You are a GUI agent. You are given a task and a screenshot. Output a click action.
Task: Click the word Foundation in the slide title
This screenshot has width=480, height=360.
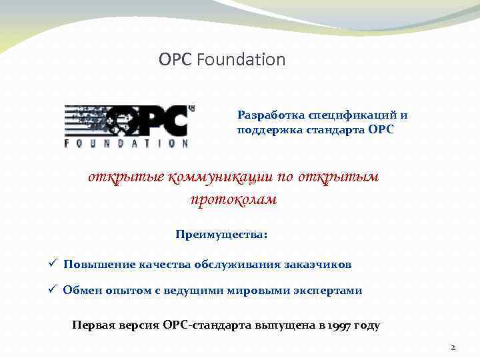coord(241,60)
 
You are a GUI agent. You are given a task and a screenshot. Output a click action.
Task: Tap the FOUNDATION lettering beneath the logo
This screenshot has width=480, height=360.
coord(126,142)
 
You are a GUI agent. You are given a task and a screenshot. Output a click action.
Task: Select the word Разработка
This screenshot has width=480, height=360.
coord(267,115)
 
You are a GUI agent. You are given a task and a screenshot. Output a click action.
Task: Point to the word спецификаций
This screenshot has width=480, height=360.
coord(347,115)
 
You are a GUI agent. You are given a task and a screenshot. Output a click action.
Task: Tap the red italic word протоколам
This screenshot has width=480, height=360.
coord(233,199)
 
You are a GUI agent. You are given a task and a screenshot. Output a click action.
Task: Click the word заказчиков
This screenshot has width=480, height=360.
coord(319,265)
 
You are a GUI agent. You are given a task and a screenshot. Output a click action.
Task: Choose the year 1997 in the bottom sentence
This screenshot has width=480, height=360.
coord(339,326)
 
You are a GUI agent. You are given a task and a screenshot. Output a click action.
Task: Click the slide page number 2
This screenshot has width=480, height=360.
coord(453,347)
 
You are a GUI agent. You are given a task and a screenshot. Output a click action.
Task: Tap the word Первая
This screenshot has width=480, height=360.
coord(93,326)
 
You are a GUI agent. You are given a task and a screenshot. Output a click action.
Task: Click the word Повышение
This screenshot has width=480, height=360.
coord(99,265)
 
